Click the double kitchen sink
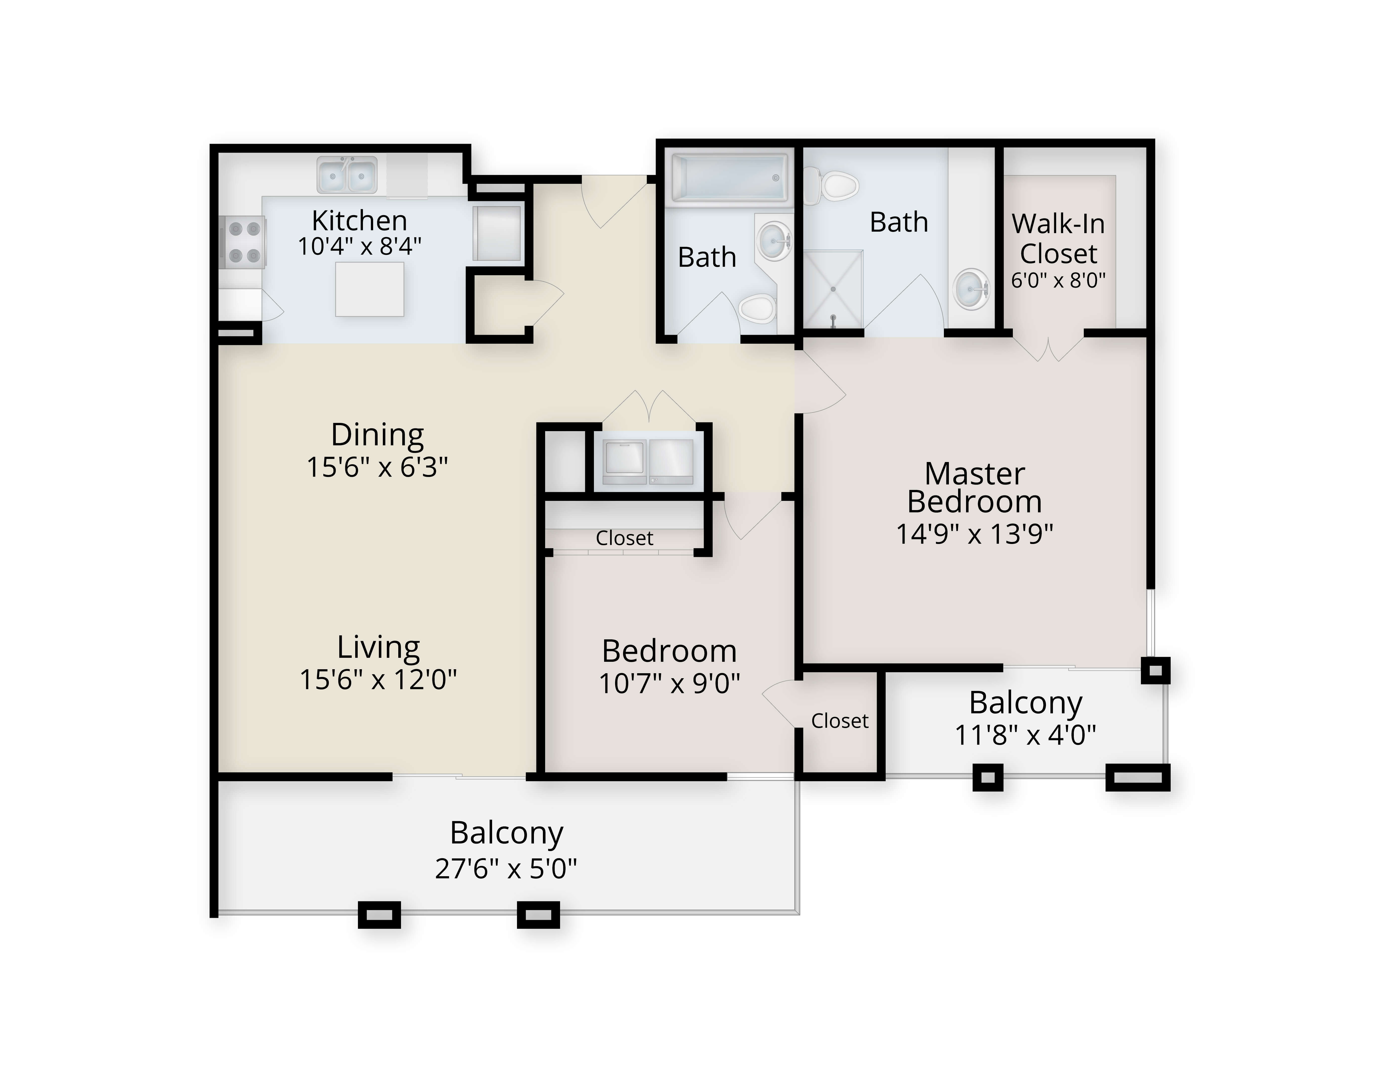pyautogui.click(x=347, y=175)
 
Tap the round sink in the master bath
pyautogui.click(x=971, y=289)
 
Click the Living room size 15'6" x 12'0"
pyautogui.click(x=378, y=679)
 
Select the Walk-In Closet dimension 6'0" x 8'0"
pyautogui.click(x=1058, y=280)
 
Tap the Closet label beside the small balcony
pyautogui.click(x=840, y=721)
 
